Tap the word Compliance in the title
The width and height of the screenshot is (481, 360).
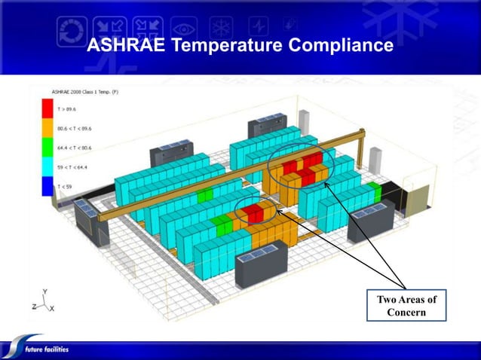click(x=342, y=46)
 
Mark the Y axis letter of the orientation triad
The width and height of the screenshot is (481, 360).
click(x=44, y=291)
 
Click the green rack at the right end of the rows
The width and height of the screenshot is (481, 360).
click(x=374, y=188)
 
